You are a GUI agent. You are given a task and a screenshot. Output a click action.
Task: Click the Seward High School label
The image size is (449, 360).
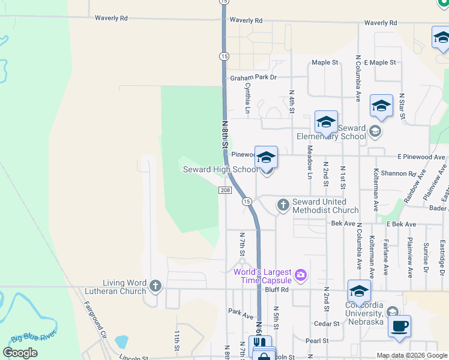(220, 170)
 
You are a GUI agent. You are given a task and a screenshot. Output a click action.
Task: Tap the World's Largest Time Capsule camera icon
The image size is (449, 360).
(301, 275)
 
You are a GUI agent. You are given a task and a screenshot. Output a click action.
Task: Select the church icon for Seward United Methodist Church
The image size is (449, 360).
(283, 205)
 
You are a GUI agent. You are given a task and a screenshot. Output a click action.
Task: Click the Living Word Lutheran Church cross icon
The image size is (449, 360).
(155, 286)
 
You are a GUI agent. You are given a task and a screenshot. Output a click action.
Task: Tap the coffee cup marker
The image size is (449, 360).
(399, 327)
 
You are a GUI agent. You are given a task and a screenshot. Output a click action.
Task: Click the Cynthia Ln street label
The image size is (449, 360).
(247, 98)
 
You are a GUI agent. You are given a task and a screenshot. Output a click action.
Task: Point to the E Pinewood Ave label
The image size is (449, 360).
(423, 157)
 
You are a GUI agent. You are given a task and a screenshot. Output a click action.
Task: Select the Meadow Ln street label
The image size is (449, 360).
(310, 162)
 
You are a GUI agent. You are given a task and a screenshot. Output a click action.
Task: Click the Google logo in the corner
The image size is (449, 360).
(20, 353)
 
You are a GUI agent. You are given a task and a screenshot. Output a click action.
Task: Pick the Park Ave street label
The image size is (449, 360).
(242, 311)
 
